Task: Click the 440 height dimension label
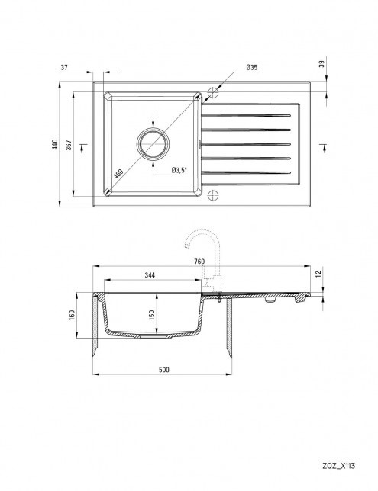click(x=55, y=144)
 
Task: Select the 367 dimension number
click(x=69, y=145)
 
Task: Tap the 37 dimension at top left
click(x=64, y=67)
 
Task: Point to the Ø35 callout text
click(x=251, y=67)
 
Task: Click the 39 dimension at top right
click(x=321, y=64)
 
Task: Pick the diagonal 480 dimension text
click(x=118, y=173)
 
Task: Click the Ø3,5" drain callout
click(x=179, y=170)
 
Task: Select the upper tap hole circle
click(x=213, y=93)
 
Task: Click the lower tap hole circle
click(x=213, y=195)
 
